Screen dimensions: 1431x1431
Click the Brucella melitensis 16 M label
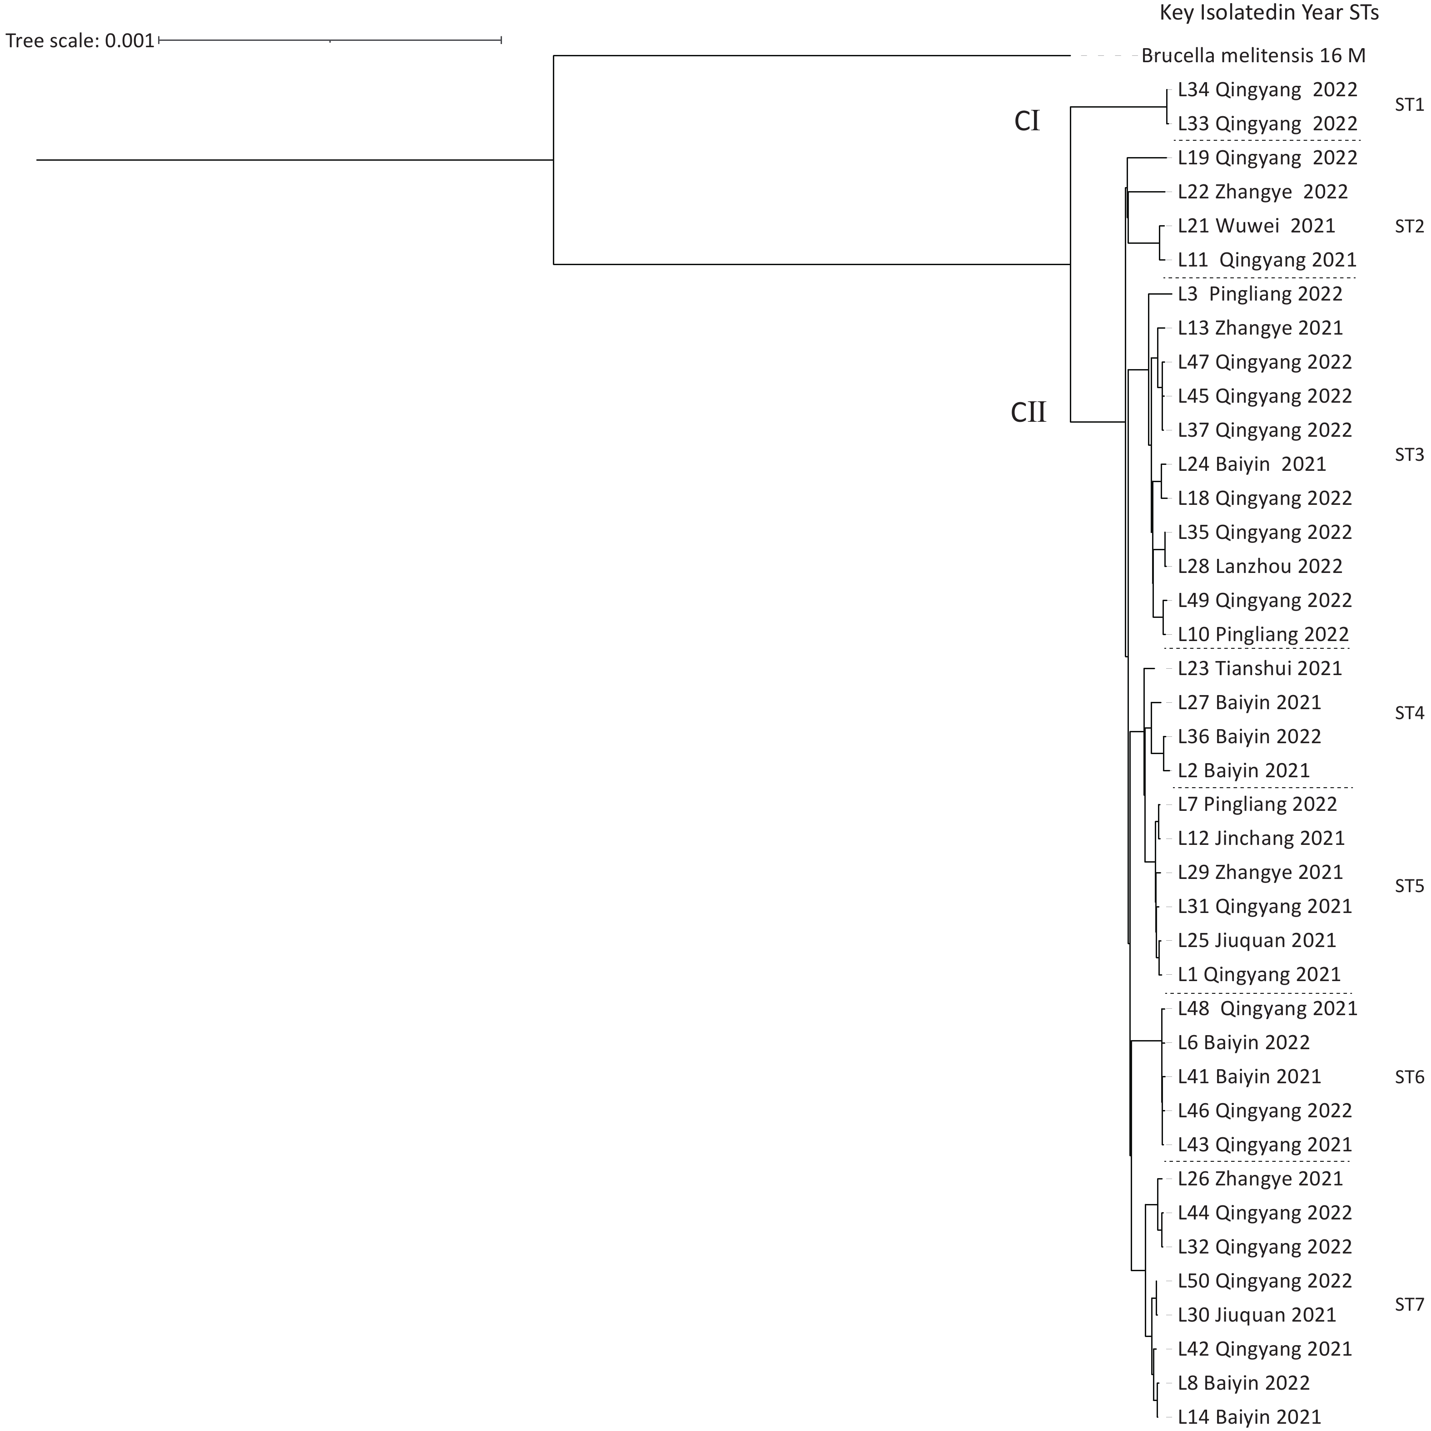tap(1253, 55)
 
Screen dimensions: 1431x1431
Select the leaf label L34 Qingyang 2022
tap(1267, 89)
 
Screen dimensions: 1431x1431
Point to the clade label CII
tap(1029, 412)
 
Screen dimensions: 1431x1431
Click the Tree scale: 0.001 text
tap(80, 41)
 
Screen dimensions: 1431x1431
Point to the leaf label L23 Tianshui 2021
tap(1260, 669)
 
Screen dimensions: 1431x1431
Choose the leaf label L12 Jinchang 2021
tap(1261, 839)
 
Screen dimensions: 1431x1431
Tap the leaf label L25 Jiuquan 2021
tap(1257, 941)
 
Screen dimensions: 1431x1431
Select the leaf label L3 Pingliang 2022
tap(1260, 295)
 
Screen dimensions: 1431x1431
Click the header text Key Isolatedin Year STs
tap(1269, 13)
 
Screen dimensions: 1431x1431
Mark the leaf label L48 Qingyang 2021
tap(1267, 1009)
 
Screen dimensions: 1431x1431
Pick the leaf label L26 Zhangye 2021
tap(1260, 1179)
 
